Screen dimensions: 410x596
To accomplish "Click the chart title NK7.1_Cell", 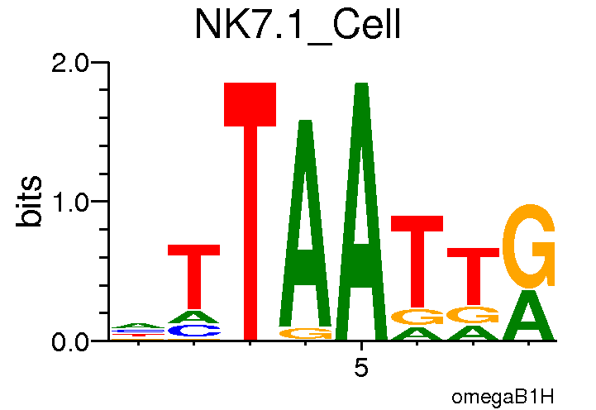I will [297, 26].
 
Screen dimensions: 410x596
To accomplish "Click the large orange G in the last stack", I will [529, 244].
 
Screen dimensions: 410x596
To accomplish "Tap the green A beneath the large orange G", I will [529, 317].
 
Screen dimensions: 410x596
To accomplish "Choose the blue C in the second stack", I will [194, 331].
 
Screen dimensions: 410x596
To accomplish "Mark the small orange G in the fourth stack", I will [305, 333].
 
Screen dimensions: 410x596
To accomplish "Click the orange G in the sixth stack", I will [417, 317].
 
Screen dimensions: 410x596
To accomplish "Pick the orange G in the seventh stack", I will [473, 315].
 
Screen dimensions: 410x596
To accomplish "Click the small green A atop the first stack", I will [138, 326].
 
